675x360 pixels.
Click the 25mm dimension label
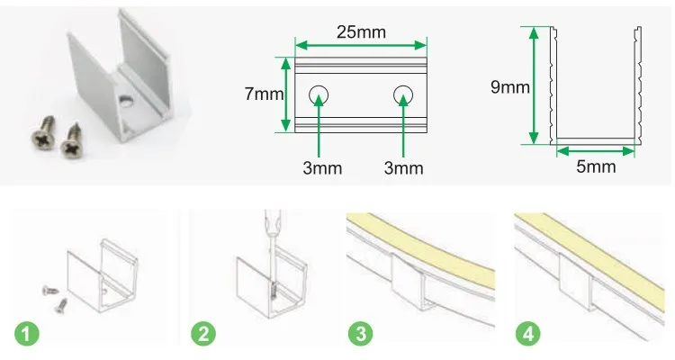tap(361, 31)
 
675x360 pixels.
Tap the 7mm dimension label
tap(264, 94)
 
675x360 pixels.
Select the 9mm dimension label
tap(510, 87)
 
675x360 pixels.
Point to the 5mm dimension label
tap(596, 166)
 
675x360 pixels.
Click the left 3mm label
tap(322, 168)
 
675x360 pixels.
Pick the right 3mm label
tap(404, 168)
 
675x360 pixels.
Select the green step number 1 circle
tap(27, 334)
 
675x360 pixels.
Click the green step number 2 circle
tap(203, 334)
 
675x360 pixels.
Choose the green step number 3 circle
tap(361, 334)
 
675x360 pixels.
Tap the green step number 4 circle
tap(528, 334)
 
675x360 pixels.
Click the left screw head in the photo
tap(42, 139)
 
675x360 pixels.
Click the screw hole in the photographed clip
tap(125, 102)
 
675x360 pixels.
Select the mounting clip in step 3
tap(409, 281)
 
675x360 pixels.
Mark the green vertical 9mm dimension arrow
tap(534, 85)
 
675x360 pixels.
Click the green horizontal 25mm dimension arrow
tap(361, 45)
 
